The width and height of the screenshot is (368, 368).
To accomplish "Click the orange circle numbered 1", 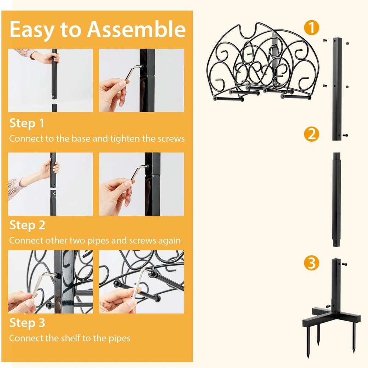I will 312,28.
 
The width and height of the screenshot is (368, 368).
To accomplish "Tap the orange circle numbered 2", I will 312,134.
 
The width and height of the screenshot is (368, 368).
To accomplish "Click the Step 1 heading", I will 27,123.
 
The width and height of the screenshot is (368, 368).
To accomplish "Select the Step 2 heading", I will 27,225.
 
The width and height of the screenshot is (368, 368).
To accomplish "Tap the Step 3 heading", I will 27,323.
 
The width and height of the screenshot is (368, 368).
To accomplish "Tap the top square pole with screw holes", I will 337,88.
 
